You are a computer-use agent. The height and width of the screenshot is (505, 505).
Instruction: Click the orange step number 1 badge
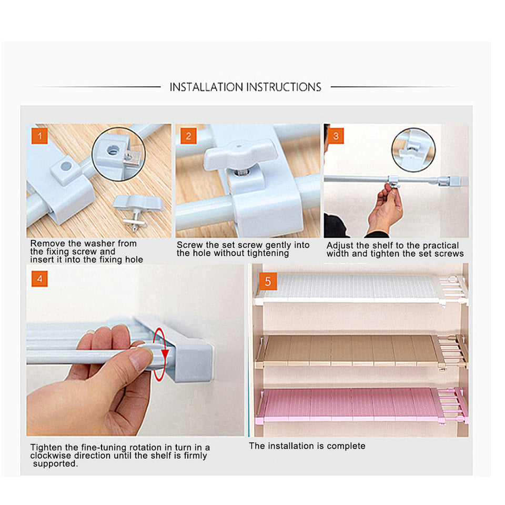point(39,136)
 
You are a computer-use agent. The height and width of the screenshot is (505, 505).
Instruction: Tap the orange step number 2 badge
point(188,136)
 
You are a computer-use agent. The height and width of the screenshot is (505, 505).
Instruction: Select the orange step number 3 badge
point(336,136)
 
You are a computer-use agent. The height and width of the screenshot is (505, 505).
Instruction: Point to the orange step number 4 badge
point(39,279)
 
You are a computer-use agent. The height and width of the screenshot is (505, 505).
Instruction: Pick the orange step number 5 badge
point(268,281)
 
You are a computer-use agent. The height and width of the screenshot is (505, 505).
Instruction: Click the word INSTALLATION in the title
point(206,87)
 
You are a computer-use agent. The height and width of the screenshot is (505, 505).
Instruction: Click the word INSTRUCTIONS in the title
point(284,87)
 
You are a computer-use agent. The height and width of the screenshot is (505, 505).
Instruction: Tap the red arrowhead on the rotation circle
point(165,353)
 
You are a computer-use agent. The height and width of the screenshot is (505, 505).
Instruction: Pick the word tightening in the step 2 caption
point(269,254)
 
